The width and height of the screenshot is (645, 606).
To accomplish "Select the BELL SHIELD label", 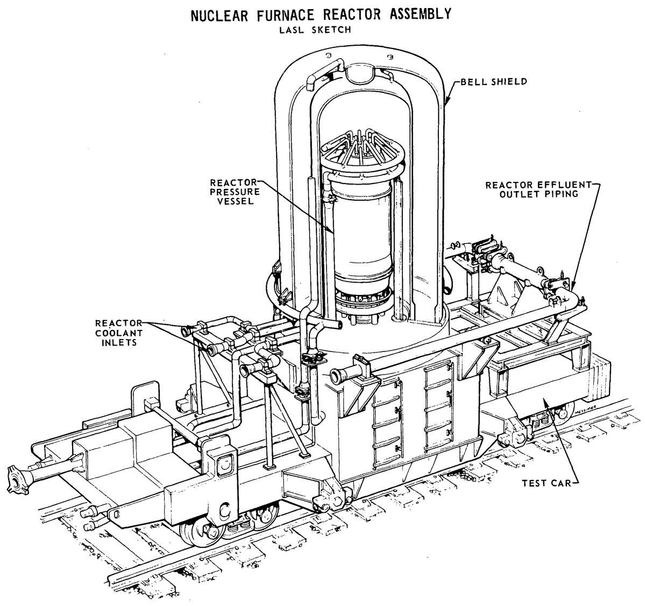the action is pos(494,81).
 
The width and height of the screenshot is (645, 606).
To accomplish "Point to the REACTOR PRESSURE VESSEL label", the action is pos(235,192).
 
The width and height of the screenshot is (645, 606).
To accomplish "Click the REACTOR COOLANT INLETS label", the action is pos(118,333).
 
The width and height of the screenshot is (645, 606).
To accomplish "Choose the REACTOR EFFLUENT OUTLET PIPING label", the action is pos(538,189).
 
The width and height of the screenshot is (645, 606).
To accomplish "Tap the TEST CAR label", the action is pos(547,483).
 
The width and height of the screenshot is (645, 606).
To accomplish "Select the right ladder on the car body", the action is pos(438,405).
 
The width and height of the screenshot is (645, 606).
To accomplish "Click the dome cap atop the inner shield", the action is pos(358,74).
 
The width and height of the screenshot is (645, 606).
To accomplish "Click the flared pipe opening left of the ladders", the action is pos(338,376).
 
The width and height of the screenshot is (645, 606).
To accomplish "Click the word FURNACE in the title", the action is pos(286,15).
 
